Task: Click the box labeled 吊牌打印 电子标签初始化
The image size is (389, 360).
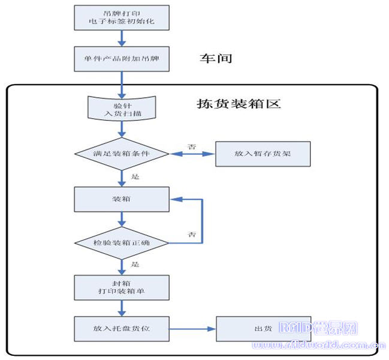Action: coord(122,17)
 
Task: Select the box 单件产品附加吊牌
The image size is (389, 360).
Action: coord(122,59)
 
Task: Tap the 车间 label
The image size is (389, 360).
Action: coord(215,58)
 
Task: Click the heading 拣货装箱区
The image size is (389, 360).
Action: coord(239,103)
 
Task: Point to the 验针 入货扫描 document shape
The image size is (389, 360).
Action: coord(122,108)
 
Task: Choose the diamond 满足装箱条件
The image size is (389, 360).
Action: coord(122,154)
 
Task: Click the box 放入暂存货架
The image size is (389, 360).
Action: coord(263,154)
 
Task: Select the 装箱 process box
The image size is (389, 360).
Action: coord(122,199)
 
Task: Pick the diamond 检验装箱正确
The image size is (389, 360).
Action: coord(122,242)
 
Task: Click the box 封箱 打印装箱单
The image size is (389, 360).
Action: coord(122,287)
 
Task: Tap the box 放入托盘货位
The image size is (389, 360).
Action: coord(122,329)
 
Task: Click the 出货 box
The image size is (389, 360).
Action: coord(263,329)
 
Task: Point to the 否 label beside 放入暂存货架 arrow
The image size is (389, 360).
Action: coord(192,146)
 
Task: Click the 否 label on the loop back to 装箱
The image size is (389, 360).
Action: coord(192,233)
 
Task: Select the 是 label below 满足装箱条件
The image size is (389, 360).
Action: coord(134,177)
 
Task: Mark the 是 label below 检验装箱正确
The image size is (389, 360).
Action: coord(134,264)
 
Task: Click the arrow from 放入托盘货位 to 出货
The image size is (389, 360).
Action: coord(192,329)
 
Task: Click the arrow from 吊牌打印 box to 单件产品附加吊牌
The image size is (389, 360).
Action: coord(122,38)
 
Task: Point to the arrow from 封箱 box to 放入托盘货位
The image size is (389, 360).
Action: coord(122,308)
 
